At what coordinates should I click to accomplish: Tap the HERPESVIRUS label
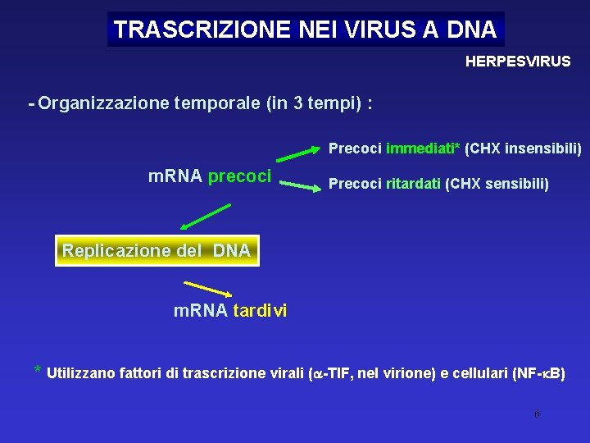[518, 62]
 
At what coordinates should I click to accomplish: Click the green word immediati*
[423, 149]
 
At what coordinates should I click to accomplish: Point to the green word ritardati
[413, 185]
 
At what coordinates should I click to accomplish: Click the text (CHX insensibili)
[523, 149]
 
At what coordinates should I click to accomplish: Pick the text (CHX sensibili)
[497, 185]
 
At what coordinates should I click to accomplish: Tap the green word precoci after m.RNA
[240, 176]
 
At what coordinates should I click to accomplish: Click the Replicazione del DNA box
[157, 250]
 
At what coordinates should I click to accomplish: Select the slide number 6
[537, 413]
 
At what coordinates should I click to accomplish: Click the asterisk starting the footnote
[38, 369]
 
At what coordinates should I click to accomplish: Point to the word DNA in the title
[472, 30]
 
